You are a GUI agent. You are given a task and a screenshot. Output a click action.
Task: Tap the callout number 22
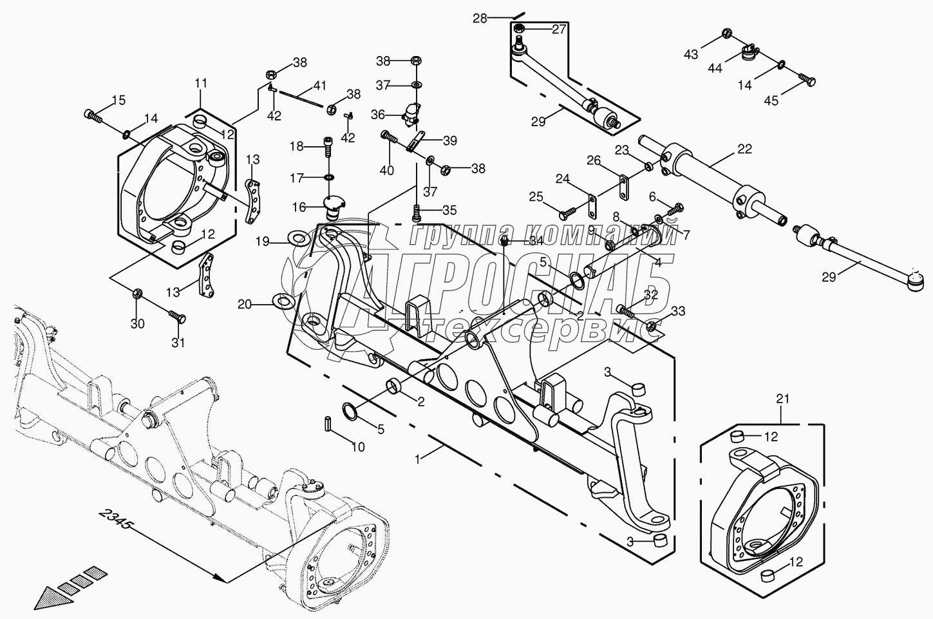(x=744, y=149)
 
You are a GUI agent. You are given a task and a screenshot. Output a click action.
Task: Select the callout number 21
(x=782, y=399)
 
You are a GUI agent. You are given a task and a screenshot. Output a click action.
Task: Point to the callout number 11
(x=201, y=83)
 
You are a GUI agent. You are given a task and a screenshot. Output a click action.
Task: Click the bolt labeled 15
(x=93, y=117)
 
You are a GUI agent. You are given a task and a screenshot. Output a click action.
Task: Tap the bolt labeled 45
(x=808, y=81)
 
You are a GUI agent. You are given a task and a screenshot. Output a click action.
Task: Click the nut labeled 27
(x=520, y=28)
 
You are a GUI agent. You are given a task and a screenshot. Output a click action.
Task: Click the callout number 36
(x=377, y=115)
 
